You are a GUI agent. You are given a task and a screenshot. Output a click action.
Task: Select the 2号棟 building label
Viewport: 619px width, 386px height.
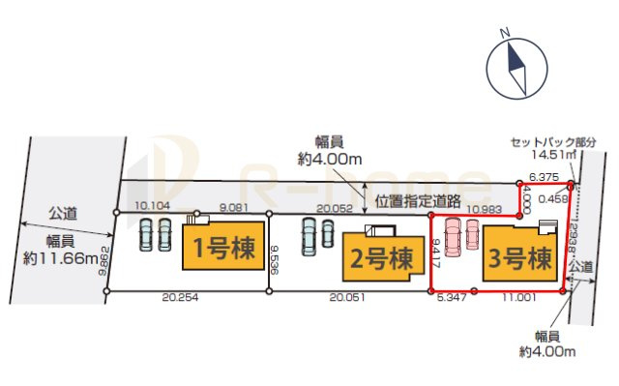pyautogui.click(x=378, y=259)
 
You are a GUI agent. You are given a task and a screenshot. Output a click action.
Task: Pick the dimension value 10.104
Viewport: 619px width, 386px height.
pyautogui.click(x=154, y=205)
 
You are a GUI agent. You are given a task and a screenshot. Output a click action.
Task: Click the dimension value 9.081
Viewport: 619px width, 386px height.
pyautogui.click(x=236, y=205)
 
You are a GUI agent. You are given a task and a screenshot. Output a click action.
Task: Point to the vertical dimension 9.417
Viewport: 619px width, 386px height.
pyautogui.click(x=437, y=251)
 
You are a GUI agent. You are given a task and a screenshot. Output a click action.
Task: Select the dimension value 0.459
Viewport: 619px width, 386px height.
pyautogui.click(x=553, y=199)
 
